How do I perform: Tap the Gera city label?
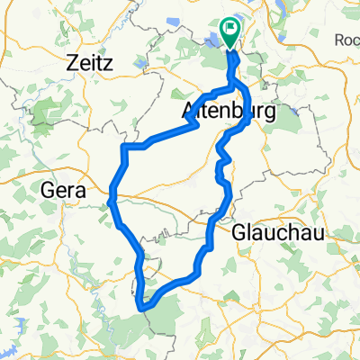pos(63,190)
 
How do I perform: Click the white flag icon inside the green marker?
pos(230,30)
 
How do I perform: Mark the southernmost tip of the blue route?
pos(142,309)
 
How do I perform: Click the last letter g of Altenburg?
pos(247,112)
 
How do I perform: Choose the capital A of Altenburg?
pos(189,111)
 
